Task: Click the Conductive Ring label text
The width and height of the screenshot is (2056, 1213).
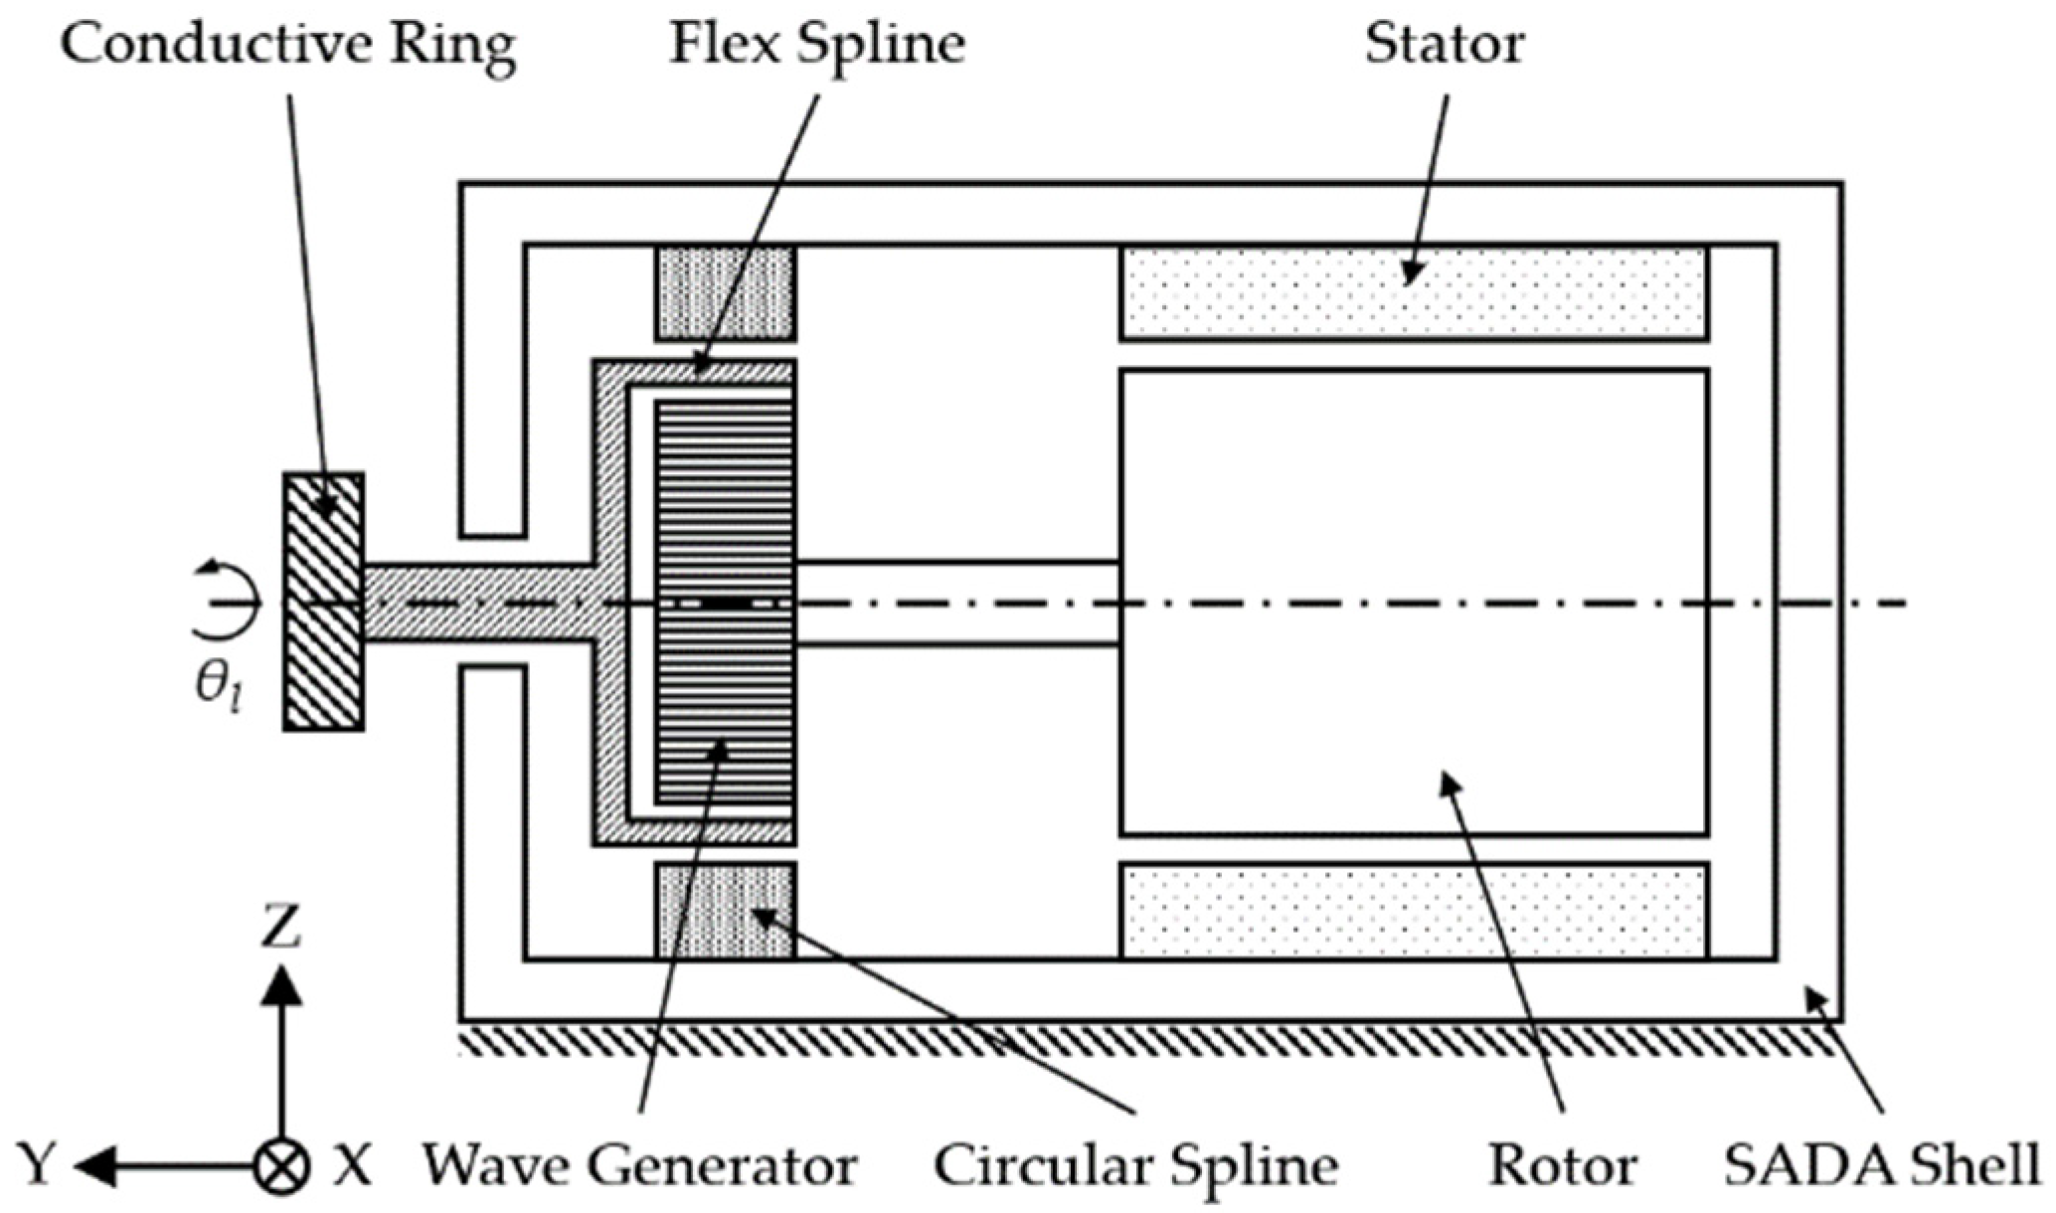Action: (x=288, y=46)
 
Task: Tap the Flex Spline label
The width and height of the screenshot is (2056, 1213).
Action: (x=816, y=46)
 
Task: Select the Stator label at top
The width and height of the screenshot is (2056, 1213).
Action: (x=1444, y=46)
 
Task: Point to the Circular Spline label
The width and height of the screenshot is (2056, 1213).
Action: (x=1134, y=1165)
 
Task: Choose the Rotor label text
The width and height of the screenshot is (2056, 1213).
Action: (x=1562, y=1165)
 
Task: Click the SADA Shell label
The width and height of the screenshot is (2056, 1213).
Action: (x=1881, y=1165)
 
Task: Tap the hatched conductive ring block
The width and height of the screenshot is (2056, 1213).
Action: (x=324, y=603)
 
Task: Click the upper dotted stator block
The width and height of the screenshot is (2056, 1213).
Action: (x=1414, y=293)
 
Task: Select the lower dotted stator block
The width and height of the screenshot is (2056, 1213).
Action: (x=1414, y=911)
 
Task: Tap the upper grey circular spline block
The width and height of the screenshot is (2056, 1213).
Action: (x=725, y=293)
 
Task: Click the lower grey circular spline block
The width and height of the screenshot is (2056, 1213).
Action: (x=725, y=911)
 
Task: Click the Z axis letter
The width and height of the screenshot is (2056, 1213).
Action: (x=281, y=928)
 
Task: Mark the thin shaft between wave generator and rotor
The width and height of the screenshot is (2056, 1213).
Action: (x=957, y=604)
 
